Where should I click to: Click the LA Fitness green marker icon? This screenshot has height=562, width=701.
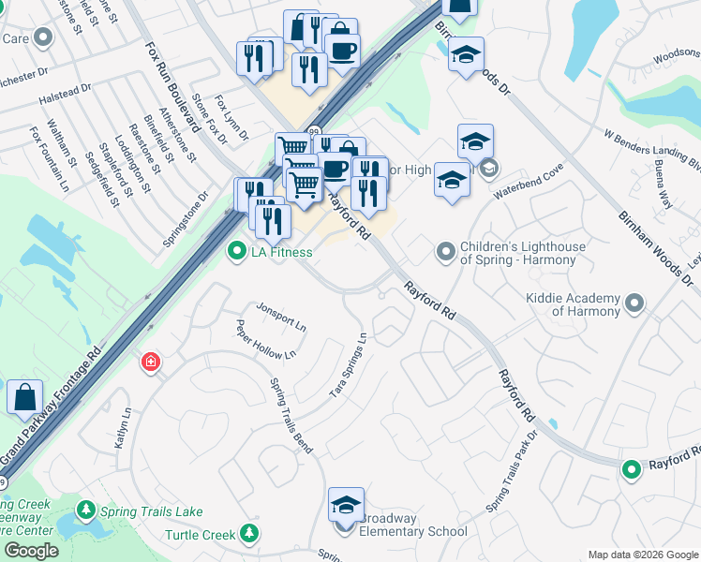point(237,250)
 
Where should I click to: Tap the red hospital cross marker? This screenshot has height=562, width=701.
point(150,362)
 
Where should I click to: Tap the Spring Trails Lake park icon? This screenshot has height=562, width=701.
point(86,510)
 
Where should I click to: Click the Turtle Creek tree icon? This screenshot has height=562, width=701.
point(248,534)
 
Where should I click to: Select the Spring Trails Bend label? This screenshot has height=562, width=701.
point(291,412)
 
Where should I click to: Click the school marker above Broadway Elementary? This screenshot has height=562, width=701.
point(346,505)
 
